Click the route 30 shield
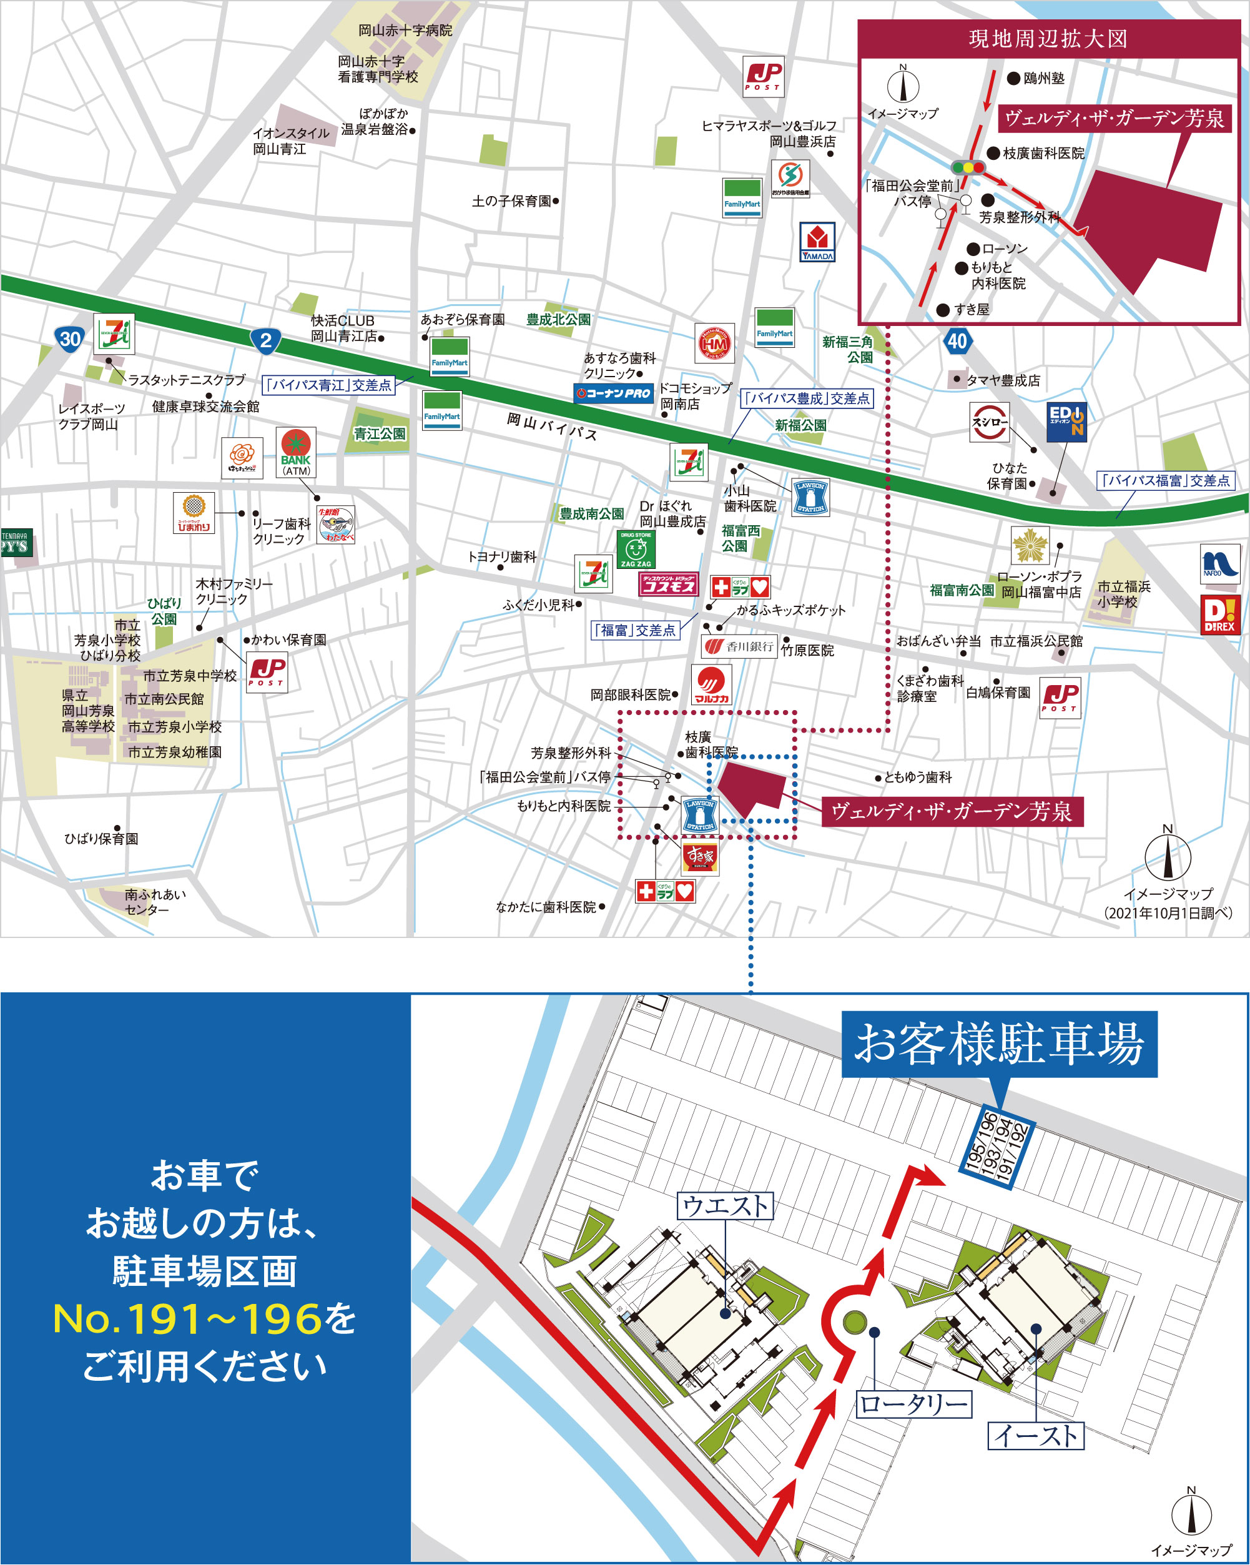(70, 339)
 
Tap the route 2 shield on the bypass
(266, 340)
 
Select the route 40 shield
(957, 340)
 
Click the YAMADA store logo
(817, 242)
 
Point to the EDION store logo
(1066, 422)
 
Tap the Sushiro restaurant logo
(990, 422)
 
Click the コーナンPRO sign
(613, 393)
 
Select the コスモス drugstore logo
(669, 585)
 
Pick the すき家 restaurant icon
(701, 857)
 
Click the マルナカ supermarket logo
(711, 685)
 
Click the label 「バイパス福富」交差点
(1166, 480)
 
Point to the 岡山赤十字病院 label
(405, 31)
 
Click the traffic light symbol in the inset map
(968, 167)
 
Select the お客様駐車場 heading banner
(999, 1044)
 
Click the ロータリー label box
(914, 1404)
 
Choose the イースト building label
(1036, 1435)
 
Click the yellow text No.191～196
(187, 1319)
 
